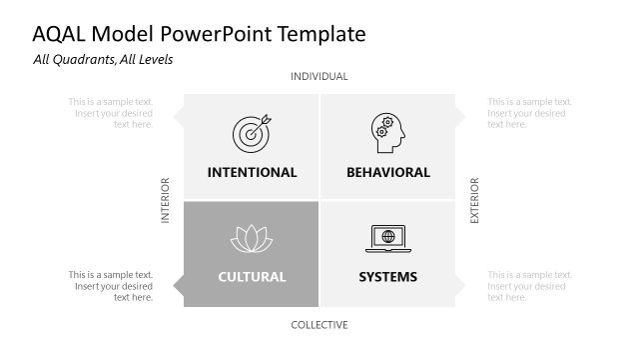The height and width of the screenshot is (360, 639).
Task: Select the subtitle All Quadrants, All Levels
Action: pos(103,60)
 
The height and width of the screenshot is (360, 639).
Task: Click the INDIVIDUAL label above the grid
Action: pos(319,77)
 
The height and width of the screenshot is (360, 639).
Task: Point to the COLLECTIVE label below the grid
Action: pos(319,325)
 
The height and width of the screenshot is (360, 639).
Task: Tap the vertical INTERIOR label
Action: pos(166,200)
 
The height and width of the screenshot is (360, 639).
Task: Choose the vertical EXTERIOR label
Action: pos(475,200)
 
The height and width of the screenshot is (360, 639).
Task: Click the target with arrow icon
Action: pos(251,133)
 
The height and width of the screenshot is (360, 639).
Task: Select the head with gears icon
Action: pos(387,133)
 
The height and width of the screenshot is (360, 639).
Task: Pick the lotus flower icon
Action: pos(251,239)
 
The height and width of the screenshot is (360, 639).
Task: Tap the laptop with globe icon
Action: pos(387,239)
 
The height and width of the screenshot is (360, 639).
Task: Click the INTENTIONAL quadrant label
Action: pos(252,172)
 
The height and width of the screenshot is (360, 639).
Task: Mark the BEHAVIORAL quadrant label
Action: pos(388,172)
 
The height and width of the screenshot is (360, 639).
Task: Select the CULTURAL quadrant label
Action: pos(252,277)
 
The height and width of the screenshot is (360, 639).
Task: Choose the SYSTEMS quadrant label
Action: pos(388,277)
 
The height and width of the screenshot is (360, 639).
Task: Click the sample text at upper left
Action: pos(111,113)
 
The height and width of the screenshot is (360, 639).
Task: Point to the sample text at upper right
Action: pos(529,113)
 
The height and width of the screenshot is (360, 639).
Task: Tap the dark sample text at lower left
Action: pos(111,286)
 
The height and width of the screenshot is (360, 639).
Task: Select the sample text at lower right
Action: pos(529,286)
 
